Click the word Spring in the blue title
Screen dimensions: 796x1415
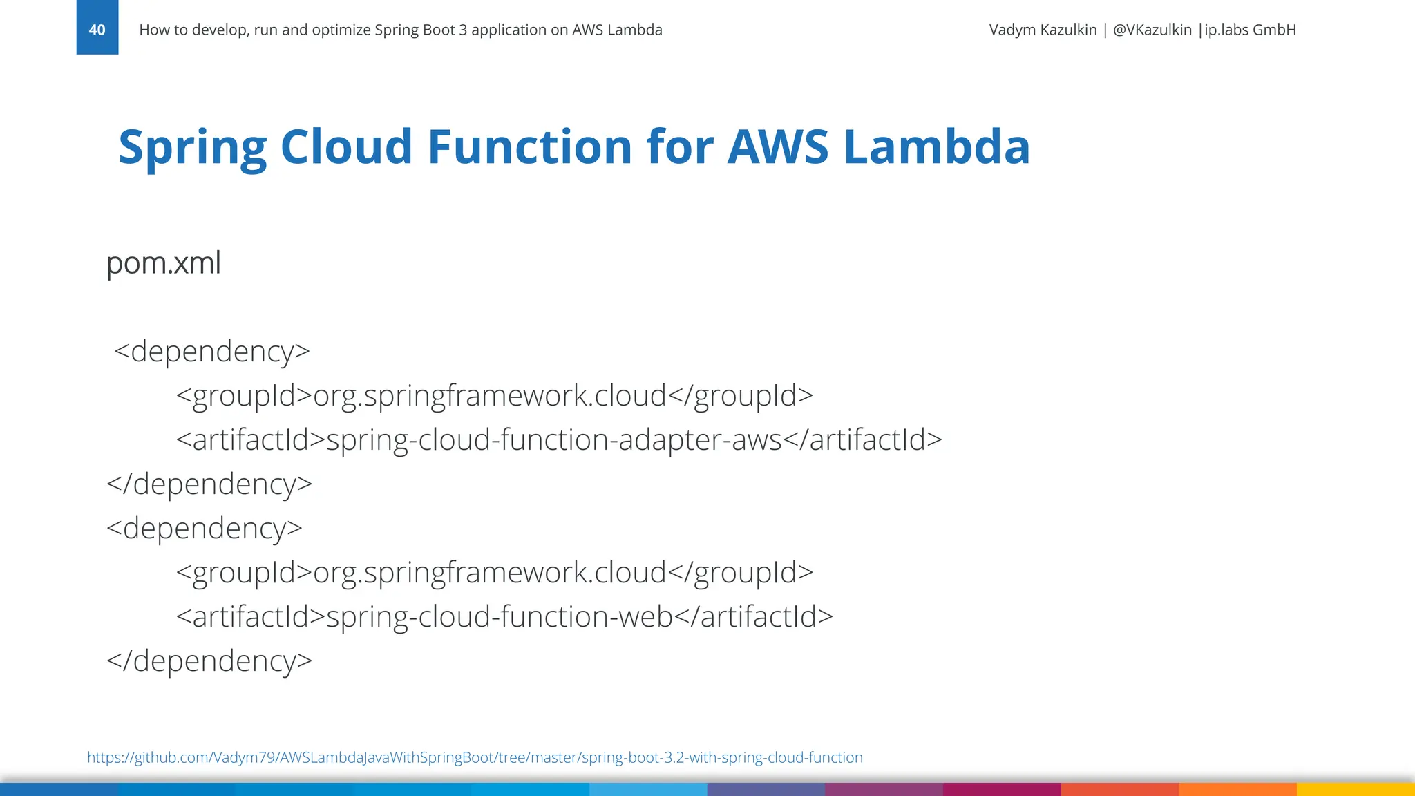pos(192,147)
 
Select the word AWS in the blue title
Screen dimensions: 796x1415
pos(777,147)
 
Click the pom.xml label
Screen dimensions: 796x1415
pos(164,263)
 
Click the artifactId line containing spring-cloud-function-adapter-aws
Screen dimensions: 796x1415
pos(558,440)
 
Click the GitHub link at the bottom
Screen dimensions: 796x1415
pos(475,757)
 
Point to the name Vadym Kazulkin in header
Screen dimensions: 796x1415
pos(1043,30)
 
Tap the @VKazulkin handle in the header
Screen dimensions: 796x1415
pos(1152,30)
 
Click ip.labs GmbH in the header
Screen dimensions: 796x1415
pos(1250,30)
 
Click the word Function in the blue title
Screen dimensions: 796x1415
pos(529,147)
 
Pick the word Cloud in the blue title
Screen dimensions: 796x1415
pos(346,147)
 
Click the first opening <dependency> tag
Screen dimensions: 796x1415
pos(212,352)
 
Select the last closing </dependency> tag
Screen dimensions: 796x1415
pos(209,661)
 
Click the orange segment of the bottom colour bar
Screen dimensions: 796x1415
pos(1237,789)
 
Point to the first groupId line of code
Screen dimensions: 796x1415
pos(494,396)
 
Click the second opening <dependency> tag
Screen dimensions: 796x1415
pos(205,529)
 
